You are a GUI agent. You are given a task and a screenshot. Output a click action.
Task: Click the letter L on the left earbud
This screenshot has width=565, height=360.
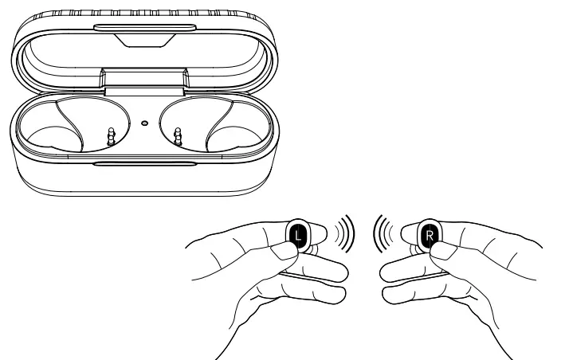[296, 235]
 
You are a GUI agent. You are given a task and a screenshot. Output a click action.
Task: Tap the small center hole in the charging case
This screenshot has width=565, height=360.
[144, 123]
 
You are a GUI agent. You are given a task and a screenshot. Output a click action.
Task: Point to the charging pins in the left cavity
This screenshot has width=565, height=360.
[111, 135]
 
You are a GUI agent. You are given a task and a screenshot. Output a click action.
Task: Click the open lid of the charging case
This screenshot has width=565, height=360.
[143, 48]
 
